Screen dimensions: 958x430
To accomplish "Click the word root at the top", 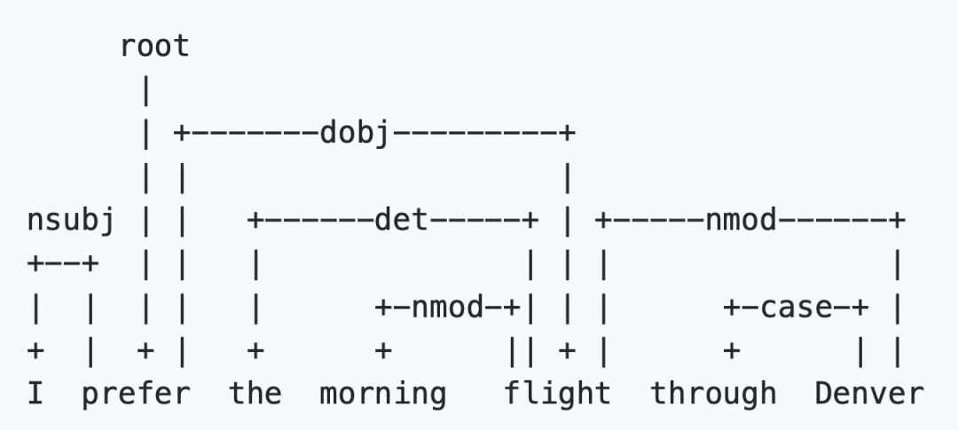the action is tap(154, 46).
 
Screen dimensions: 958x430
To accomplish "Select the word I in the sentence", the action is tap(35, 392).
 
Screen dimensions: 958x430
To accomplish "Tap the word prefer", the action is tap(136, 392).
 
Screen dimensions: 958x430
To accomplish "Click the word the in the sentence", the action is tap(255, 392).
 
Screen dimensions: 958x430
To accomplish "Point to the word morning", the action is tap(382, 392).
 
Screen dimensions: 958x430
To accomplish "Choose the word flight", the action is tap(557, 392).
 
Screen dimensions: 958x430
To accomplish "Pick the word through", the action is tap(714, 392).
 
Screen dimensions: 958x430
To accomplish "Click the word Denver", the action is tap(869, 392).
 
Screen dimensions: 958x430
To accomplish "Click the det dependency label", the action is tap(401, 219).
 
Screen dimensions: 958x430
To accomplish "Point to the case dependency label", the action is tap(796, 307).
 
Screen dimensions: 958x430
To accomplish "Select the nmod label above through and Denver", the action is tap(741, 219).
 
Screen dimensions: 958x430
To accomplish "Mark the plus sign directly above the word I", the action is tap(35, 350).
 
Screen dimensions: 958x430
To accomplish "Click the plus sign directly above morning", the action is tap(382, 350).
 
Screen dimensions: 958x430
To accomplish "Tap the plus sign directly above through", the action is tap(731, 350).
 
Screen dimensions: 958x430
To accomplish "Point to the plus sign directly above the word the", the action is tap(255, 350).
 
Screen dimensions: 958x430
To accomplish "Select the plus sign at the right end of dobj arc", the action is tap(566, 134).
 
